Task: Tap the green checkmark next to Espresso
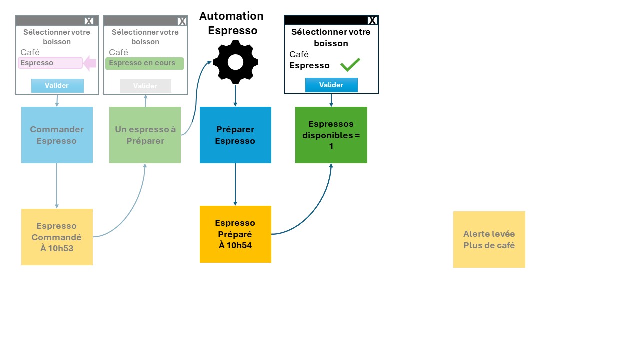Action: (x=350, y=65)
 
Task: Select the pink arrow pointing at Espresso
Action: (x=90, y=63)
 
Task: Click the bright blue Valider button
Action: (x=331, y=85)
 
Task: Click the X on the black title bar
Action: (x=372, y=20)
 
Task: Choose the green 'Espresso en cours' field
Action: (x=144, y=63)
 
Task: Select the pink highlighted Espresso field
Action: (x=50, y=63)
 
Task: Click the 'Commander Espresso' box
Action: (x=57, y=135)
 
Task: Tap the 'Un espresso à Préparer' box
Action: (x=145, y=135)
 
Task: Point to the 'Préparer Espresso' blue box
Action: (x=235, y=135)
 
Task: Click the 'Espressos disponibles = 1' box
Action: (x=331, y=135)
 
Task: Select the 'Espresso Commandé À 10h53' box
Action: (x=57, y=237)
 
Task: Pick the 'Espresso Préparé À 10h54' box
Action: (x=235, y=234)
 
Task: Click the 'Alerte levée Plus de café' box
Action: (x=489, y=239)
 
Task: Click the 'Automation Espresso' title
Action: (x=231, y=23)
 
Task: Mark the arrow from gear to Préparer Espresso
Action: (x=235, y=95)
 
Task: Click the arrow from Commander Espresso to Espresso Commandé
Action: (x=57, y=186)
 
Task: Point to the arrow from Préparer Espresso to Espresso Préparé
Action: (x=235, y=184)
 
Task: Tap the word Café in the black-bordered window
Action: (x=299, y=54)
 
